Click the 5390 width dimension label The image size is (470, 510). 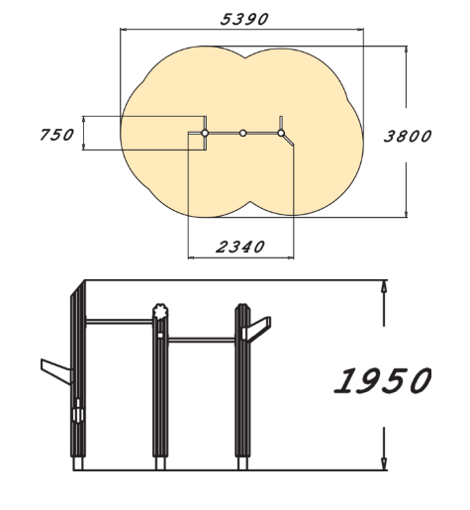pos(244,20)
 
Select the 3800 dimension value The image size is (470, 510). pos(408,136)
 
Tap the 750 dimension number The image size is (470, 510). pos(56,135)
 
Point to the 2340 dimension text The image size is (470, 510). pos(240,247)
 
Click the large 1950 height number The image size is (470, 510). pos(383,380)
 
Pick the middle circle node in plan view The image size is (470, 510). pos(242,133)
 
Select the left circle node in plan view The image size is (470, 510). pos(205,133)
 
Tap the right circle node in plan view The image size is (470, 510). pos(281,133)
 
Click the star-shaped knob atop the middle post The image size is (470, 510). pos(160,312)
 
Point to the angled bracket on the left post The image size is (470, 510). pos(55,371)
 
